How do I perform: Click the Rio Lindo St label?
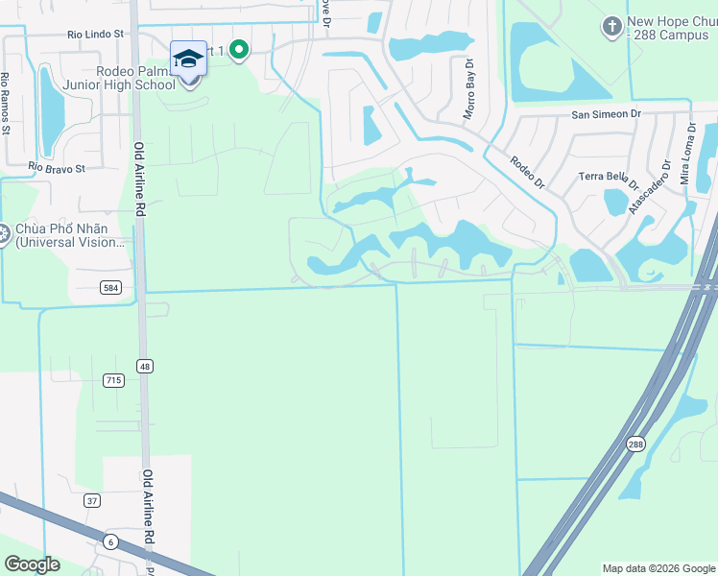[96, 34]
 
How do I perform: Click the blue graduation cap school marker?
[188, 59]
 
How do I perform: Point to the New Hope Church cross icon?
[611, 25]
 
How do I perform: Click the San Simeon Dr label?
[606, 114]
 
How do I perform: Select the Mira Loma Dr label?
[686, 153]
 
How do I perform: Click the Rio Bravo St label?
[57, 168]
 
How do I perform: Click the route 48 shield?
[145, 366]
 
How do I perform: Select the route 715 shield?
[113, 381]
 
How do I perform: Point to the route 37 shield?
[91, 500]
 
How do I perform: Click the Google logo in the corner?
[32, 564]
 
